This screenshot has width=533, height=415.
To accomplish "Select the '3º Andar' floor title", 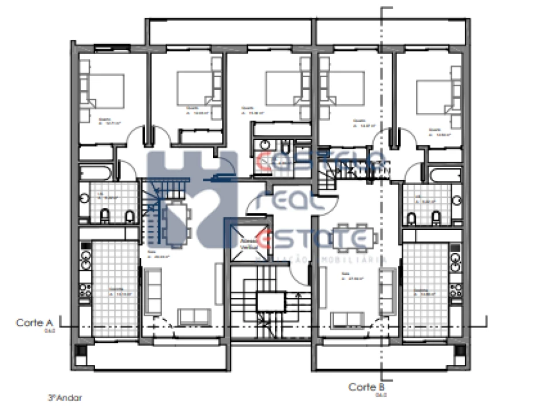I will coord(65,398).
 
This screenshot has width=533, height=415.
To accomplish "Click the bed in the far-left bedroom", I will coord(106,90).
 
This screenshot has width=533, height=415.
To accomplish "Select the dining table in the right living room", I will coord(354,237).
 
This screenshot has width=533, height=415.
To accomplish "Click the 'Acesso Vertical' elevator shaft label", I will coord(248,243).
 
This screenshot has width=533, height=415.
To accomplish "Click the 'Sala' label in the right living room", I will coord(346,276).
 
